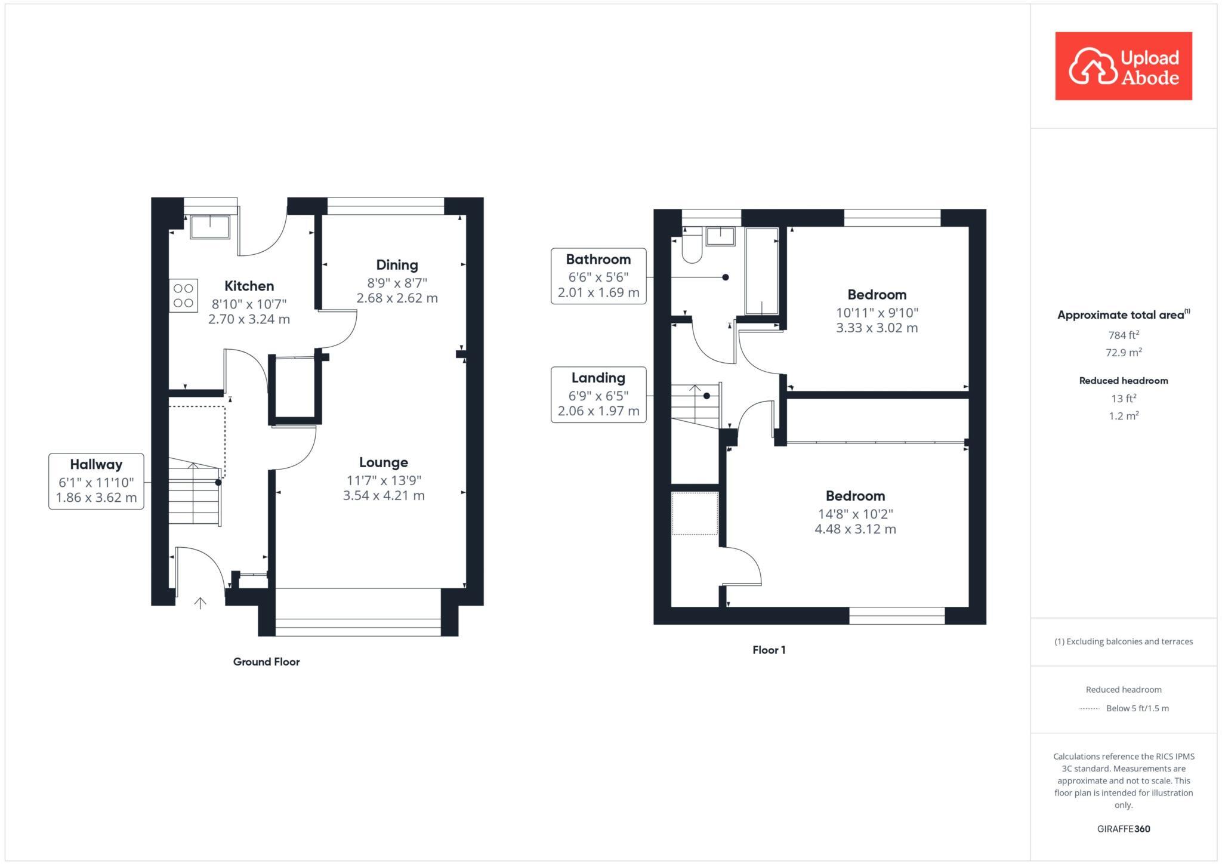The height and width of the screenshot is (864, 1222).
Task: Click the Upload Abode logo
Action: [1123, 66]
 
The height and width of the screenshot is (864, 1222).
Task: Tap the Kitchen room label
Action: [249, 286]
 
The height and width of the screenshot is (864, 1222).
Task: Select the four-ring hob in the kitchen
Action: [183, 296]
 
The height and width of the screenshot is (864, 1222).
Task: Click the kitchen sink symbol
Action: [209, 227]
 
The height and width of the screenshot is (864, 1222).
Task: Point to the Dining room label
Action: [397, 265]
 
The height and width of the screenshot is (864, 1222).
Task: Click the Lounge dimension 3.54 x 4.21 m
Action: [384, 495]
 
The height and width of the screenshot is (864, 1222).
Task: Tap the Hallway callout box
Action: [96, 481]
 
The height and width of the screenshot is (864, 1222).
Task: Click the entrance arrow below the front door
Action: [200, 603]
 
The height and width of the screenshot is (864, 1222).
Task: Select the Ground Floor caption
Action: [266, 662]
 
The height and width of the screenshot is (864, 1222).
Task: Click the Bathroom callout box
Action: [598, 276]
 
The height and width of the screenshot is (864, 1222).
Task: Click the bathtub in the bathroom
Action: [762, 271]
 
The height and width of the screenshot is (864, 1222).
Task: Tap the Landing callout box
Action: [598, 394]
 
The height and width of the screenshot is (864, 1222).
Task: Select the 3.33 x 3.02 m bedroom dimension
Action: [877, 328]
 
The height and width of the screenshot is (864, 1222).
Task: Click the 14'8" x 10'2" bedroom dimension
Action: [855, 514]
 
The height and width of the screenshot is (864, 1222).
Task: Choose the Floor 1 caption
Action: [769, 650]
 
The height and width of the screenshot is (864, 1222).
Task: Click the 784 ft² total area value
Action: [1124, 335]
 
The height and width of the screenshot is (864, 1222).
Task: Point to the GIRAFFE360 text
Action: [1124, 829]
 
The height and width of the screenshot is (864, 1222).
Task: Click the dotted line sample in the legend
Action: [1089, 709]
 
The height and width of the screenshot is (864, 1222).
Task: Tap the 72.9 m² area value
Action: [1124, 353]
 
